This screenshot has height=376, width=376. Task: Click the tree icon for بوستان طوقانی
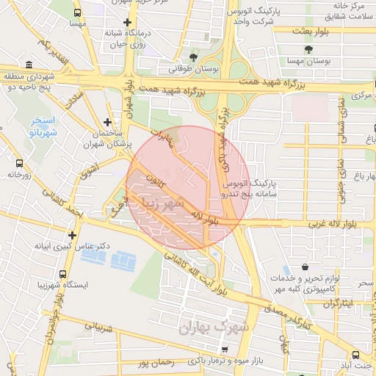(194, 57)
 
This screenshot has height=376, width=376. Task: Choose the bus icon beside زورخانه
(19, 164)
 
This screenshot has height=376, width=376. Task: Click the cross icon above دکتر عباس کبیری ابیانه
(72, 236)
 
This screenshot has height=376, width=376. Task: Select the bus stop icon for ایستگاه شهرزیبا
(41, 271)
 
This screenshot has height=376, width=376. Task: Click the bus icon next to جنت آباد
(355, 355)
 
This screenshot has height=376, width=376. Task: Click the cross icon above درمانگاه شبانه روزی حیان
(129, 22)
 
